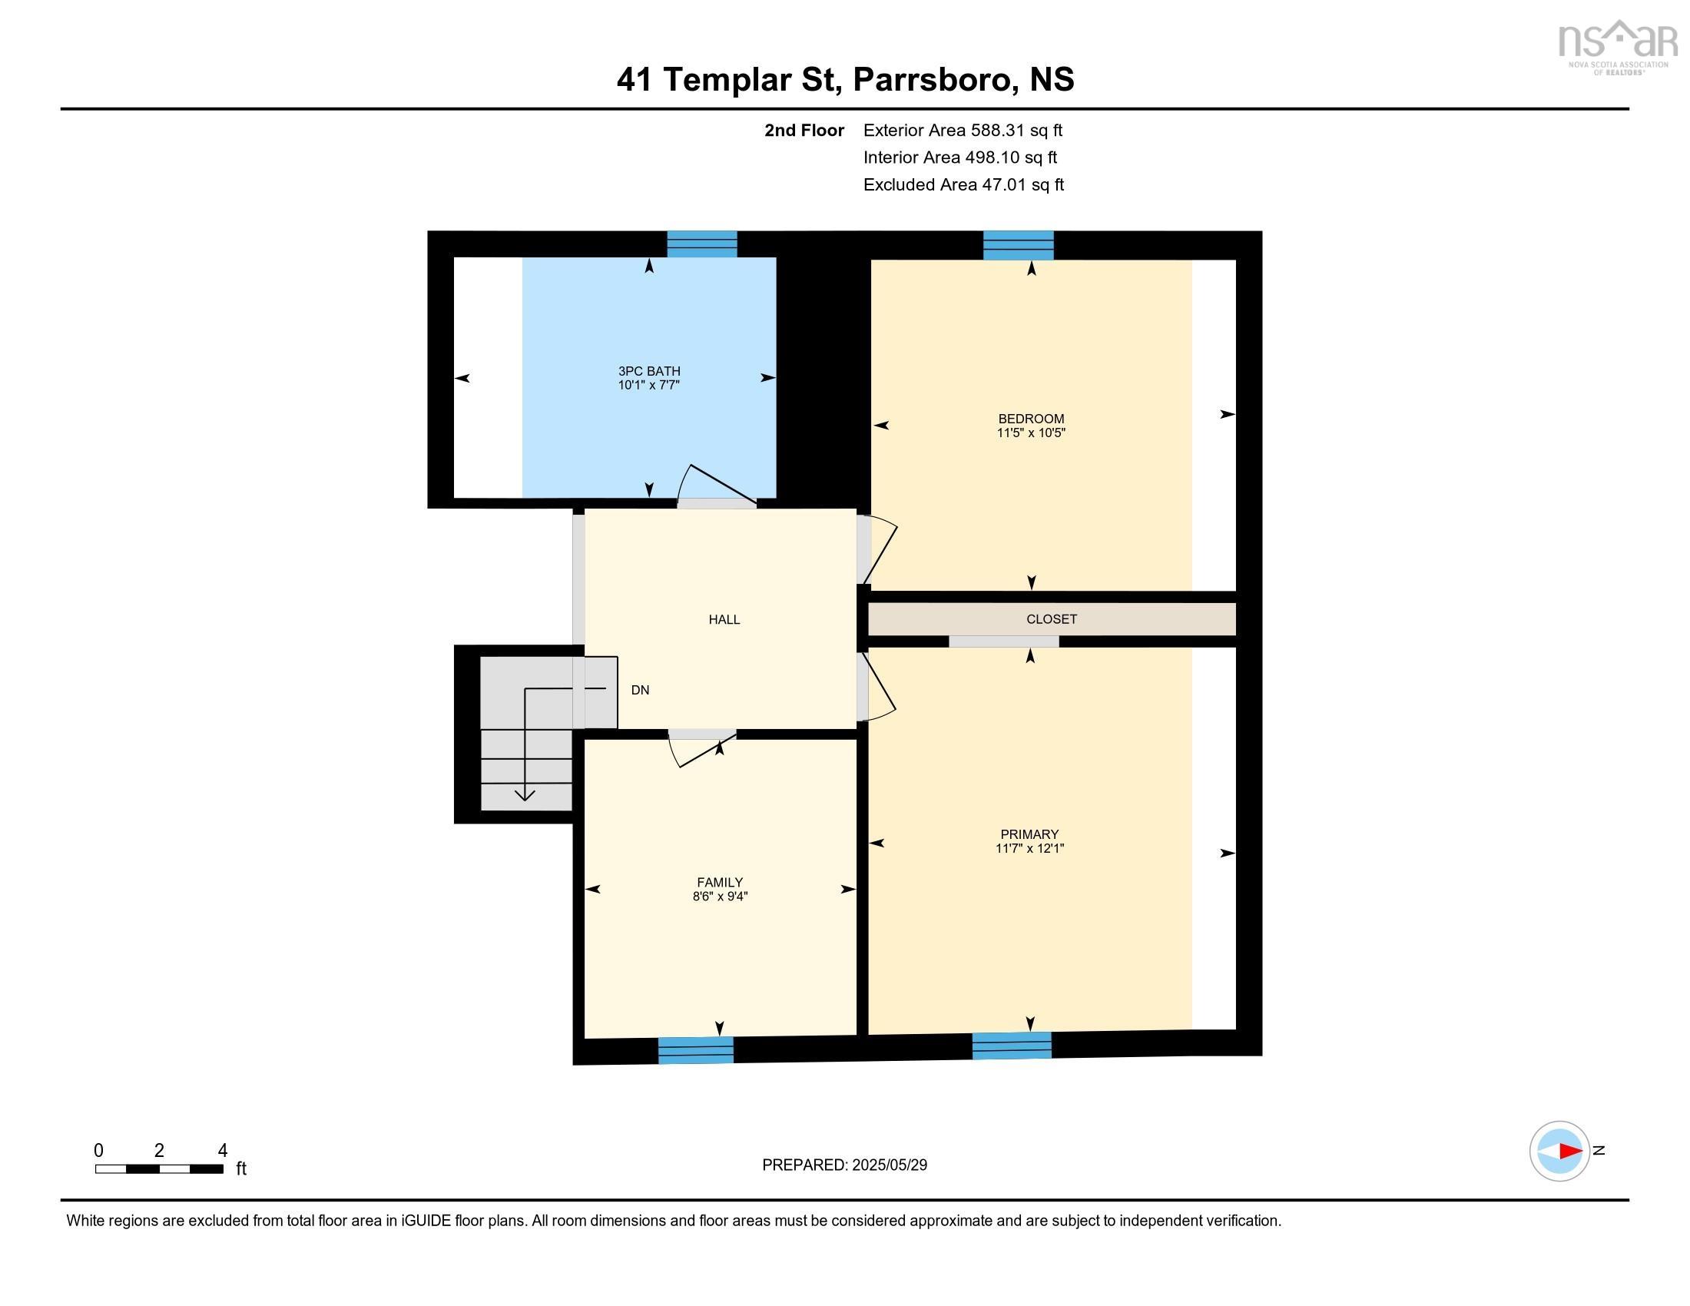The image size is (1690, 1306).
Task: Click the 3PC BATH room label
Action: coord(648,371)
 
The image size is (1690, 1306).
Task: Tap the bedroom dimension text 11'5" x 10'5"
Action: coord(1031,433)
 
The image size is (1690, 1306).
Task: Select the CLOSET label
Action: coord(1051,619)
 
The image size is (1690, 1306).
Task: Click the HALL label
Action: coord(724,619)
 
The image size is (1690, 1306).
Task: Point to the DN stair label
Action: coord(640,690)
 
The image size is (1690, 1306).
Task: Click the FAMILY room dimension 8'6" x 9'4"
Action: coord(720,897)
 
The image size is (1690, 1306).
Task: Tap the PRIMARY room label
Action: coord(1029,834)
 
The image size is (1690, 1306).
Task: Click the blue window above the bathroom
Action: coord(702,244)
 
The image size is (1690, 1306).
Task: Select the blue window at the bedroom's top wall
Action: coord(1018,245)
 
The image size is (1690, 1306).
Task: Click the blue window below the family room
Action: coord(695,1050)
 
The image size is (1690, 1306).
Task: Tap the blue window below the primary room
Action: coord(1012,1046)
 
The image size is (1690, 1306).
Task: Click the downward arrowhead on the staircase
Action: coord(525,794)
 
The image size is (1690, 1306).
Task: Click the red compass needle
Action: coord(1569,1152)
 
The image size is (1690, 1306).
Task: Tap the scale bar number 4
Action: coord(222,1151)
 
